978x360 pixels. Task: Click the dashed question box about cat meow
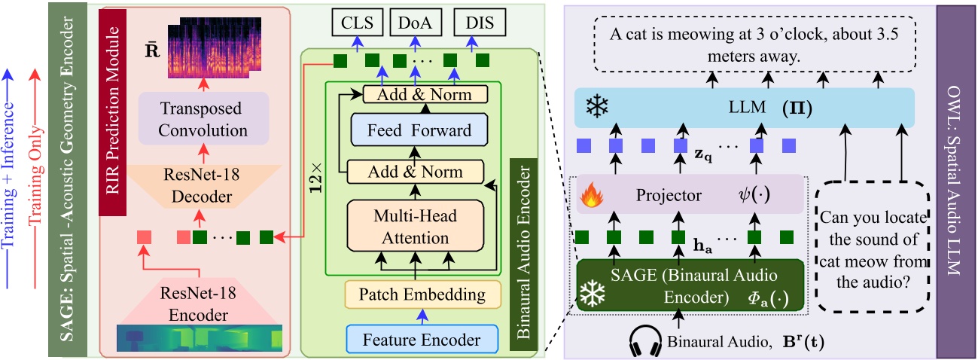click(872, 246)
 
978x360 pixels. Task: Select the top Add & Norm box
click(425, 94)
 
